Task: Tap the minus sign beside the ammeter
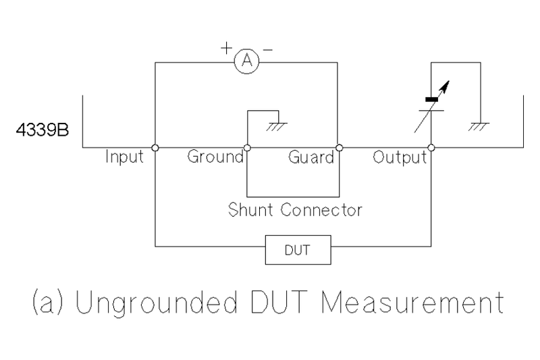pyautogui.click(x=268, y=49)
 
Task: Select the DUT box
pyautogui.click(x=298, y=250)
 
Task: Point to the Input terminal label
pyautogui.click(x=125, y=157)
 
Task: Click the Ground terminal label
pyautogui.click(x=215, y=157)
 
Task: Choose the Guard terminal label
pyautogui.click(x=311, y=157)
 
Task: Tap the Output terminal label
pyautogui.click(x=400, y=157)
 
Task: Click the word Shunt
pyautogui.click(x=251, y=210)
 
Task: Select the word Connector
pyautogui.click(x=320, y=210)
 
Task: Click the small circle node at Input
pyautogui.click(x=155, y=147)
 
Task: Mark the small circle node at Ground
pyautogui.click(x=247, y=147)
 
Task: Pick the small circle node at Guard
pyautogui.click(x=339, y=147)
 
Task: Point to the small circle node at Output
pyautogui.click(x=431, y=147)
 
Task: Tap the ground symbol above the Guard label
pyautogui.click(x=276, y=125)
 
